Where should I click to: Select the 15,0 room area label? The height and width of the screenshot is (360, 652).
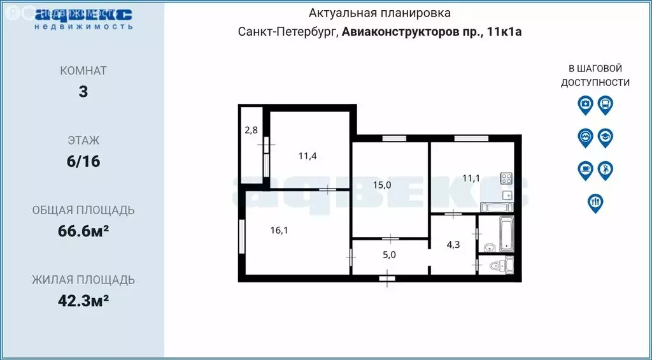[381, 185]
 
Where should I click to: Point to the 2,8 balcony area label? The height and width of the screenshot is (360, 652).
[251, 131]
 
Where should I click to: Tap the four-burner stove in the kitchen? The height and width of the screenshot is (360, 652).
[506, 179]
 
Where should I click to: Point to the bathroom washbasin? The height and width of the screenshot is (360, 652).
[489, 247]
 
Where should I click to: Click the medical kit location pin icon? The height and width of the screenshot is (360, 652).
[585, 104]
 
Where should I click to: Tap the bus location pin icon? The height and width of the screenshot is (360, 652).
[606, 104]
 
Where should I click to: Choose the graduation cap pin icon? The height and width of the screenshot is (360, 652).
[605, 137]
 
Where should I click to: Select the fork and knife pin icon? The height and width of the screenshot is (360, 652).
[595, 202]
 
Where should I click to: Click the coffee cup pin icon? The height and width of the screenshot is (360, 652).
[585, 169]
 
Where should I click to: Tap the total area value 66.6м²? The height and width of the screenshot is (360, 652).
[83, 231]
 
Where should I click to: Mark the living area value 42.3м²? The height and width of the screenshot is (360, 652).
[83, 300]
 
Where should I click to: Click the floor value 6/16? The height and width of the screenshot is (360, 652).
[83, 161]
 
